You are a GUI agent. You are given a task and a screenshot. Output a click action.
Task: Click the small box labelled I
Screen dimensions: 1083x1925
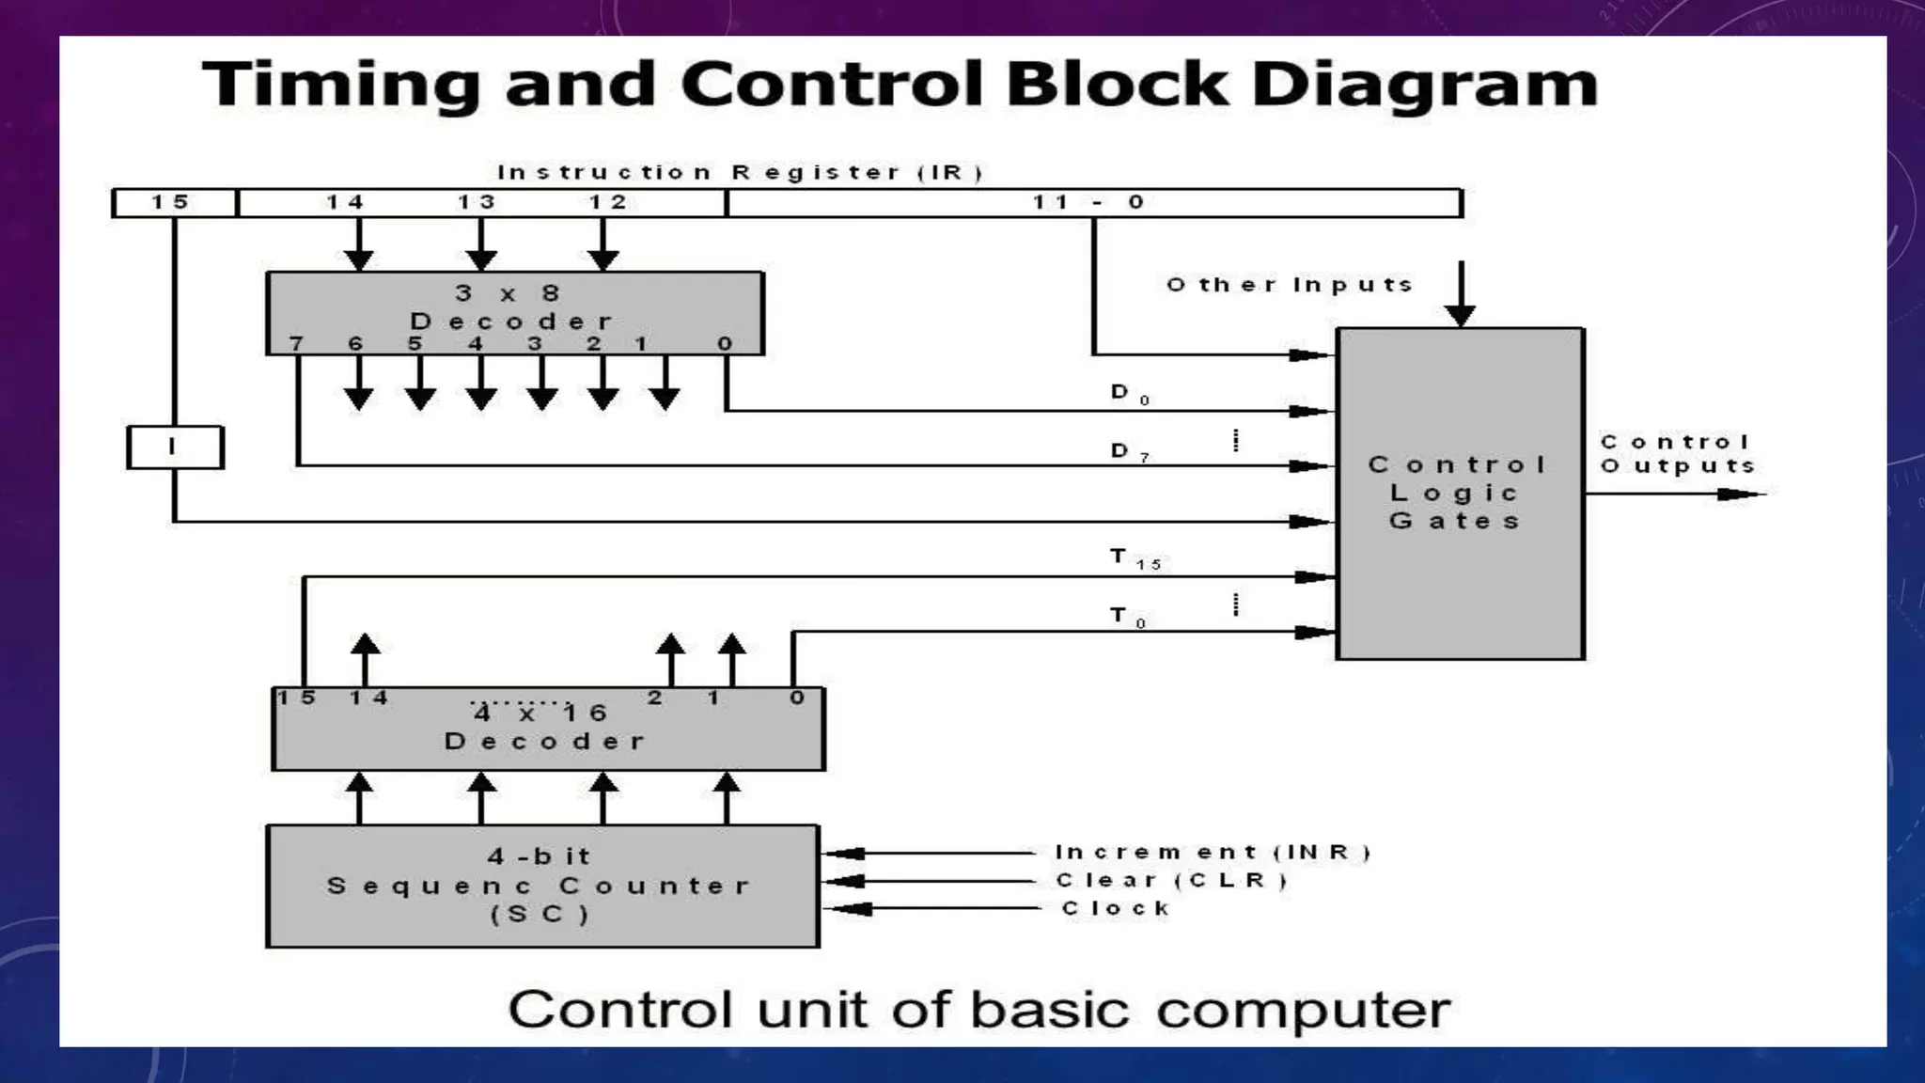[x=175, y=447]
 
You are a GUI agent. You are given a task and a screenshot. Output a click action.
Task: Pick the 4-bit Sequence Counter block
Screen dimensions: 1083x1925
[x=541, y=886]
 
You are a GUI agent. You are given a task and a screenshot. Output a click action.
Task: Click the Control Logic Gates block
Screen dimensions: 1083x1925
[x=1459, y=493]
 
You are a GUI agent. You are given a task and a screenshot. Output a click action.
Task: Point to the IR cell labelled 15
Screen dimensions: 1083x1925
[x=173, y=202]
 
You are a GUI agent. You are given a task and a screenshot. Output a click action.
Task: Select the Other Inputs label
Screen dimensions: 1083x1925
[x=1290, y=285]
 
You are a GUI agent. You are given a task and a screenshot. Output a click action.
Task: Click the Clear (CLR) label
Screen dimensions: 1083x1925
[x=1171, y=881]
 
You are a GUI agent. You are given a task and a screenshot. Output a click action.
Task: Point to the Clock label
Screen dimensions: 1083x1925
[x=1116, y=909]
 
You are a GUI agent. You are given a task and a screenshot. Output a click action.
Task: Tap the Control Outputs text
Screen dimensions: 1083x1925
[x=1677, y=454]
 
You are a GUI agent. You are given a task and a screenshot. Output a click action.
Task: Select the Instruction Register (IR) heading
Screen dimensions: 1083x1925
[x=740, y=173]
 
